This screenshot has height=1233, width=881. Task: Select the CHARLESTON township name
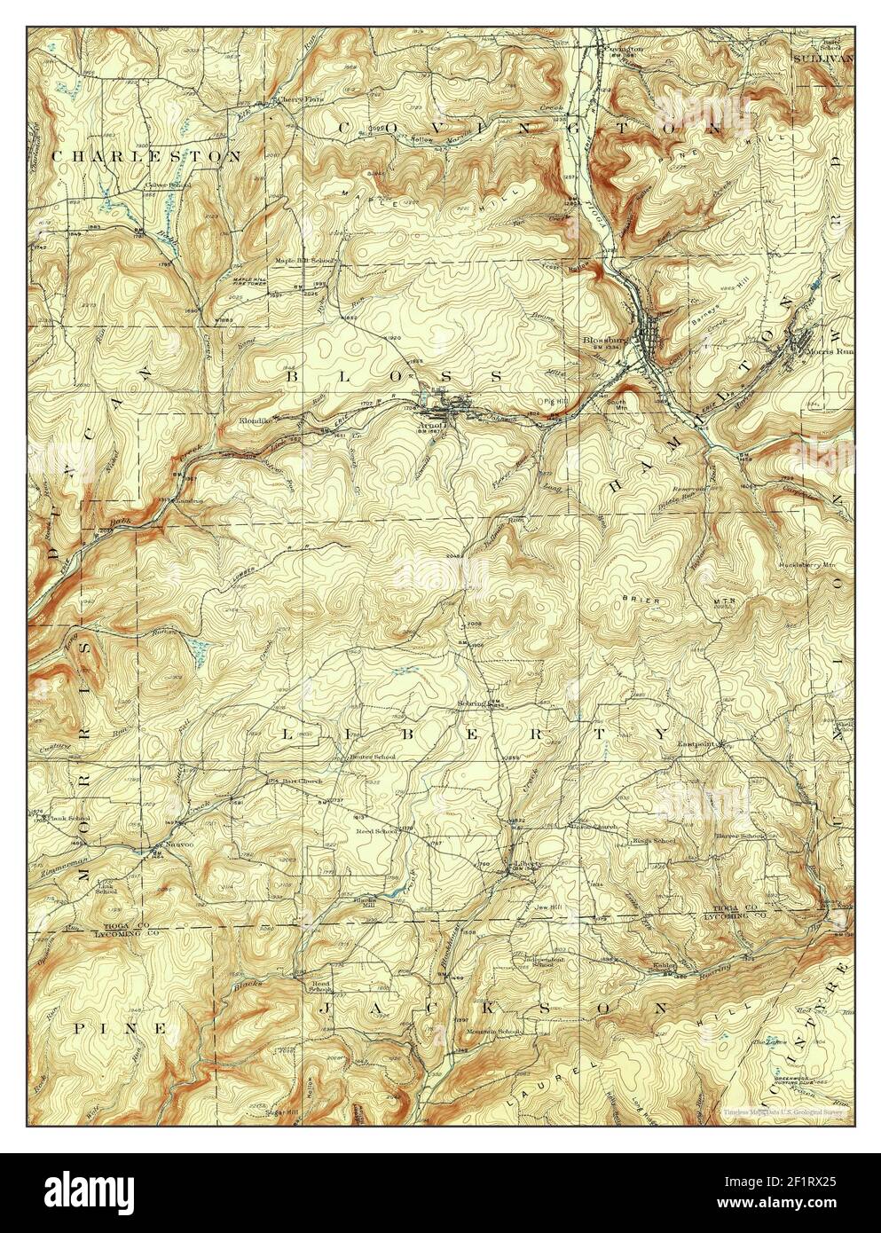[146, 155]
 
